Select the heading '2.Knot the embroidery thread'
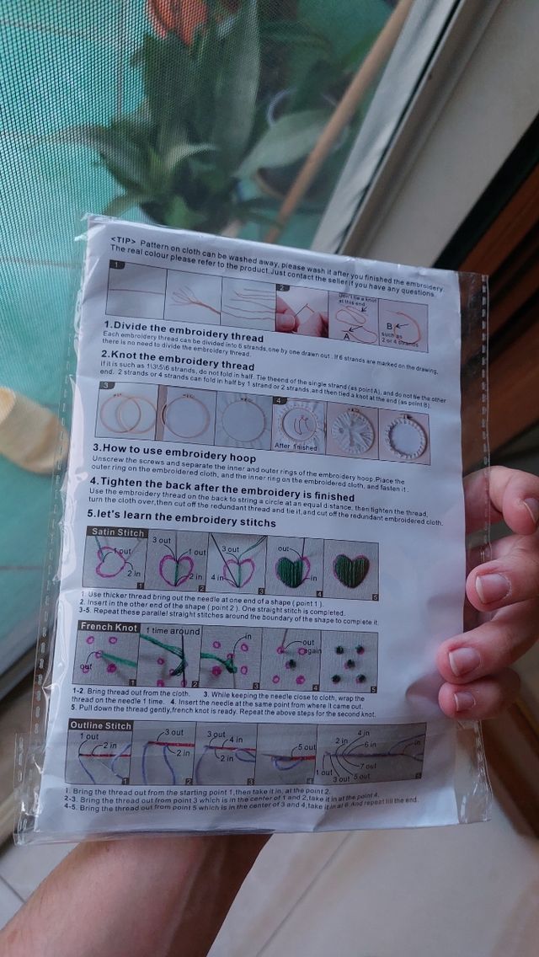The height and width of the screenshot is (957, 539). pyautogui.click(x=179, y=366)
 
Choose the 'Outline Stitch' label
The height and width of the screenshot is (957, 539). pyautogui.click(x=100, y=725)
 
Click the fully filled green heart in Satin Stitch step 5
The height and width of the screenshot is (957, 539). pyautogui.click(x=351, y=569)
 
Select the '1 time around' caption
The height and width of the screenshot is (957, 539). pyautogui.click(x=173, y=631)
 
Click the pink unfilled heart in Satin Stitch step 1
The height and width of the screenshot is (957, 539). pyautogui.click(x=114, y=559)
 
